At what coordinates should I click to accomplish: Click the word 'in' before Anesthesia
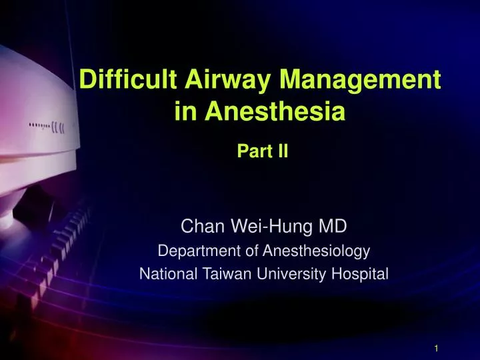pos(184,113)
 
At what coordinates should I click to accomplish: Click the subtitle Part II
pos(262,151)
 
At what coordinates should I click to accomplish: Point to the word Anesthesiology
pos(315,251)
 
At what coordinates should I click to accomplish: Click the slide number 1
pos(435,348)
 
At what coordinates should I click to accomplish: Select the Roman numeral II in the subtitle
pos(281,151)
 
